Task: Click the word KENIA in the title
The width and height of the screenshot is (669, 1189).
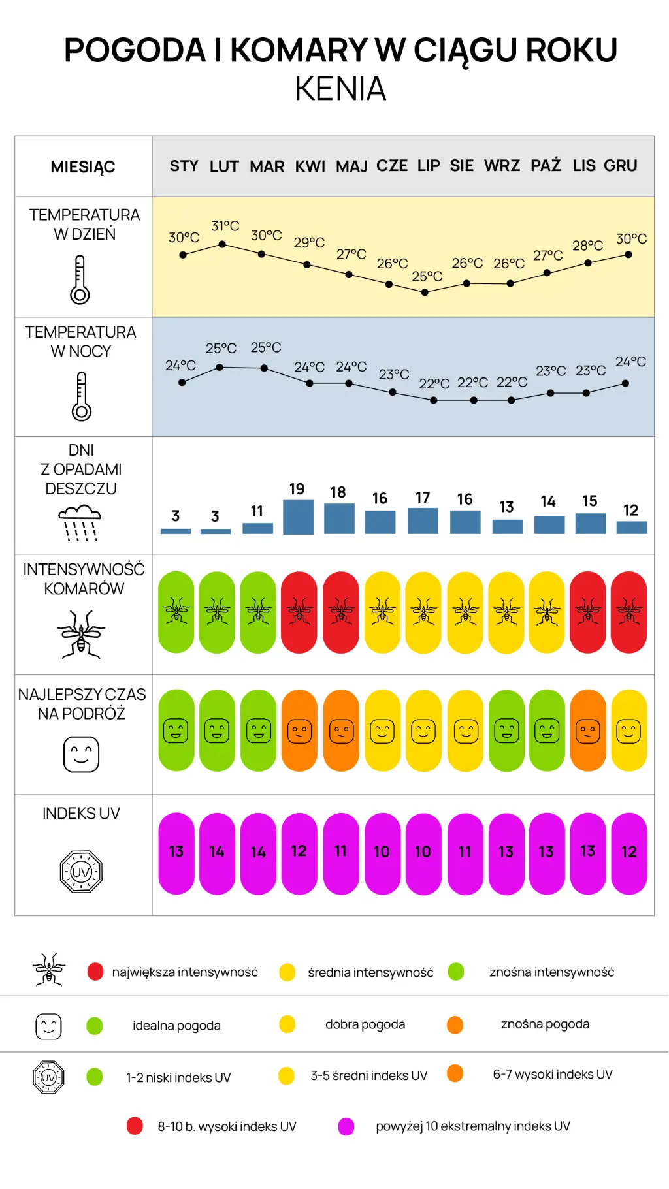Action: (x=340, y=89)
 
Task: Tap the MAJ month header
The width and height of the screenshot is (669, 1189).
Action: (x=351, y=166)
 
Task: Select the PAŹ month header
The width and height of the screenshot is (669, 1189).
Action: (x=546, y=165)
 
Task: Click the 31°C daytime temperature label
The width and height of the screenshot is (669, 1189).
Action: (x=225, y=226)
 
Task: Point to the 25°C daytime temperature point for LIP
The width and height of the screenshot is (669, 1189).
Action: (x=425, y=293)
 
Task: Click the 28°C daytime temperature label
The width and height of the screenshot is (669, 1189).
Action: (x=588, y=246)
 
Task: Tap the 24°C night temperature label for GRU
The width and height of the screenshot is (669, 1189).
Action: (x=630, y=361)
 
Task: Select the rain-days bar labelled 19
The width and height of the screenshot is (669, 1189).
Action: (x=298, y=517)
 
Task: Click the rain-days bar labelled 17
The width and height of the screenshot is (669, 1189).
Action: (x=423, y=521)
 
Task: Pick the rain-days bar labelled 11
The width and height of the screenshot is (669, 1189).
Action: (x=257, y=528)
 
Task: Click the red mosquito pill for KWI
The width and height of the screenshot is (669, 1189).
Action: (x=299, y=612)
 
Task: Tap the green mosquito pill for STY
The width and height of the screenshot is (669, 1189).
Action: (x=176, y=612)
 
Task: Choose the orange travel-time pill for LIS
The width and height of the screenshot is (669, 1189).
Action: (x=588, y=731)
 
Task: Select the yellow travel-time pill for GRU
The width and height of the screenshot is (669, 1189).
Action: (x=629, y=731)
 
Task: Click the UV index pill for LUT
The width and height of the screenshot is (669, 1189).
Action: (x=217, y=853)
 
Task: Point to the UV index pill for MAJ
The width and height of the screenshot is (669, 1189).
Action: (x=341, y=853)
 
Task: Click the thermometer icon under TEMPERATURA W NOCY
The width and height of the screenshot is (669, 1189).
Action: (x=82, y=396)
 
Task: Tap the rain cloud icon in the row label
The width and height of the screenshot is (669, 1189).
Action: (x=80, y=523)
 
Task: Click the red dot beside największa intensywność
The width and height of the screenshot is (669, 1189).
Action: (x=95, y=972)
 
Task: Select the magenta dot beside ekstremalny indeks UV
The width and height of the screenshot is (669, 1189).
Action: (x=346, y=1126)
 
